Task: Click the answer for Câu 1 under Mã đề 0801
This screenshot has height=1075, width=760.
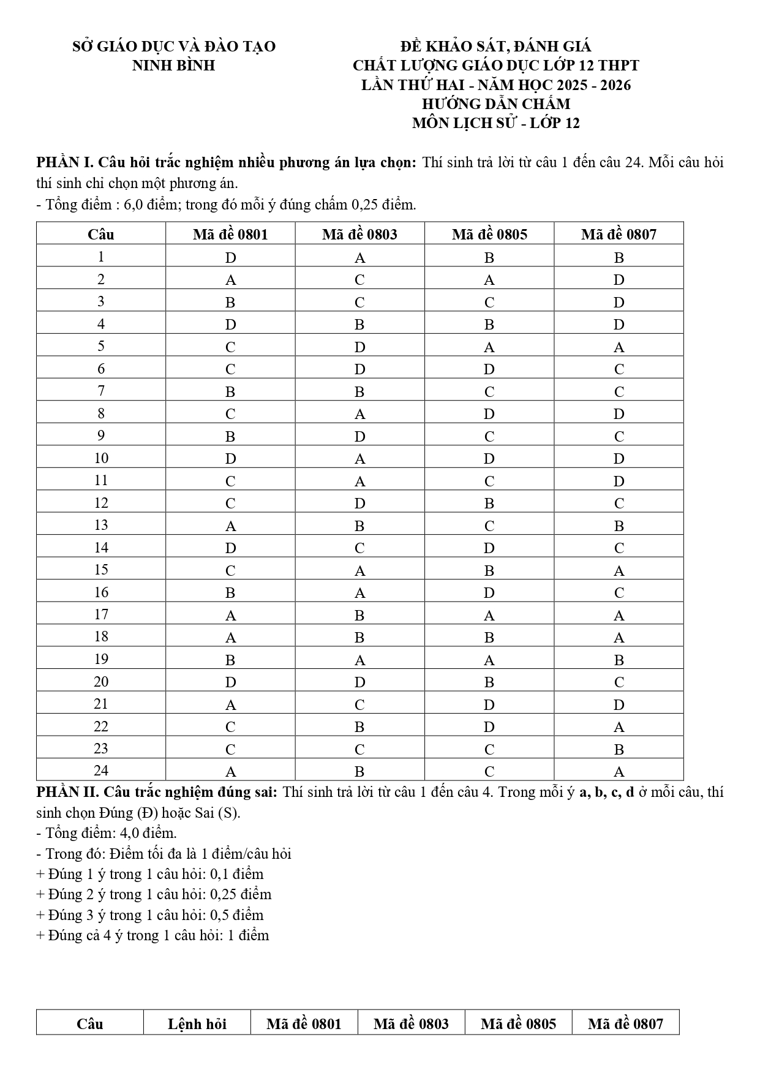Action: tap(230, 258)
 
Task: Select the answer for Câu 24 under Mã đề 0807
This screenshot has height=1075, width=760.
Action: tap(619, 772)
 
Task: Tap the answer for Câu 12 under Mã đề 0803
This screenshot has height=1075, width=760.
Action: tap(359, 504)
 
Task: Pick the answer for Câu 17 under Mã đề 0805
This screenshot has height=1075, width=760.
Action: tap(489, 616)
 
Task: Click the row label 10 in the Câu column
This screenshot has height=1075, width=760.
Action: tap(101, 458)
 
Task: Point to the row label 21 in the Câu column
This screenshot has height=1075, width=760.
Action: tap(101, 704)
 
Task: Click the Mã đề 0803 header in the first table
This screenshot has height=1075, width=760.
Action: tap(359, 234)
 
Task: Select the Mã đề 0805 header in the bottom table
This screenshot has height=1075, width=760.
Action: tap(518, 1024)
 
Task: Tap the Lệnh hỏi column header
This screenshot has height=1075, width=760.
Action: tap(197, 1024)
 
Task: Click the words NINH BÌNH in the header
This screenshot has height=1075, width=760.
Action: tap(173, 66)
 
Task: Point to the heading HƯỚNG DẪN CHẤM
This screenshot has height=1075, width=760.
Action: tap(495, 104)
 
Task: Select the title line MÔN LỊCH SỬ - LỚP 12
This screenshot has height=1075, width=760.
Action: tap(495, 123)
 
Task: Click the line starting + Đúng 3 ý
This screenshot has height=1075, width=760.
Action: tap(150, 915)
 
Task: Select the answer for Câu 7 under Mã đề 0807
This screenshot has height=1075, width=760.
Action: tap(619, 391)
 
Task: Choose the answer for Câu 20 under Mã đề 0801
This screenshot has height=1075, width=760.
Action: tap(230, 682)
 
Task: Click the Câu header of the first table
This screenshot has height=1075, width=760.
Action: tap(101, 234)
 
